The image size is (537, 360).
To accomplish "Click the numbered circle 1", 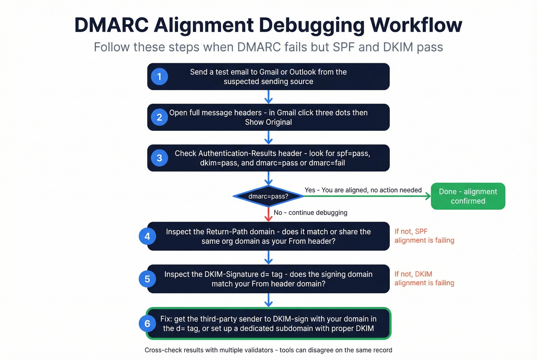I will point(159,77).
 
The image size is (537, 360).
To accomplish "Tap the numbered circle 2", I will point(159,117).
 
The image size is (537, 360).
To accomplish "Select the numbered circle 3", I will point(159,158).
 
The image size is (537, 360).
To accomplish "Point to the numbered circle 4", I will point(147,236).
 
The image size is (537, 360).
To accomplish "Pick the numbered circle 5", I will point(147,279).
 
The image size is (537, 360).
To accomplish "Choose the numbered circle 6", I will point(147,324).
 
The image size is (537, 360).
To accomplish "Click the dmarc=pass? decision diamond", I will point(268,196).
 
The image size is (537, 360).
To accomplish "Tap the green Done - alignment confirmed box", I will point(468,196).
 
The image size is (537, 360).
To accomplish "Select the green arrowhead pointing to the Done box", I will point(428,196).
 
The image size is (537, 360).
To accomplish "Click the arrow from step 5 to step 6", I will point(268,300).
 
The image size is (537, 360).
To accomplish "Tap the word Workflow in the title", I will point(416,25).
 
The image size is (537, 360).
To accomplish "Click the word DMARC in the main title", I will point(111,25).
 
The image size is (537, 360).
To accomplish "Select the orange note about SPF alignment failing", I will point(424,236).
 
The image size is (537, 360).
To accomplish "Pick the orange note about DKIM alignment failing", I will point(424,278).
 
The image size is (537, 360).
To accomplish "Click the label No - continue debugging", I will point(310,212).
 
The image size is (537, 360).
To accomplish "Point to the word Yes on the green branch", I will point(310,190).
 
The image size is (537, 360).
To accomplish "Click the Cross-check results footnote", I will point(268,350).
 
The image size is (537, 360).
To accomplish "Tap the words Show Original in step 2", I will point(268,122).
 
